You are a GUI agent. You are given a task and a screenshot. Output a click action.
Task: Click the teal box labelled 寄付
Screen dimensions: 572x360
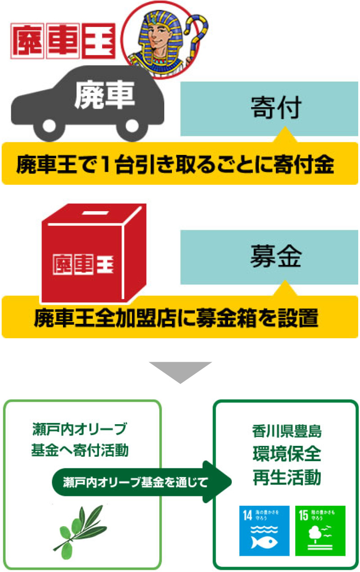[269, 109]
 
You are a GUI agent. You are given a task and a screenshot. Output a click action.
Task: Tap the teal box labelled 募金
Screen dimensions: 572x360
[269, 257]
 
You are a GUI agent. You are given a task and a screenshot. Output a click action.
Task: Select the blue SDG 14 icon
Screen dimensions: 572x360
[264, 531]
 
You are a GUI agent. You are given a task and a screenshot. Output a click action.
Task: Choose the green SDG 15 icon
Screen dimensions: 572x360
[320, 531]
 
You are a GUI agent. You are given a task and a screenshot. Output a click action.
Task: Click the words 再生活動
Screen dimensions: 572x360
[287, 477]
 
